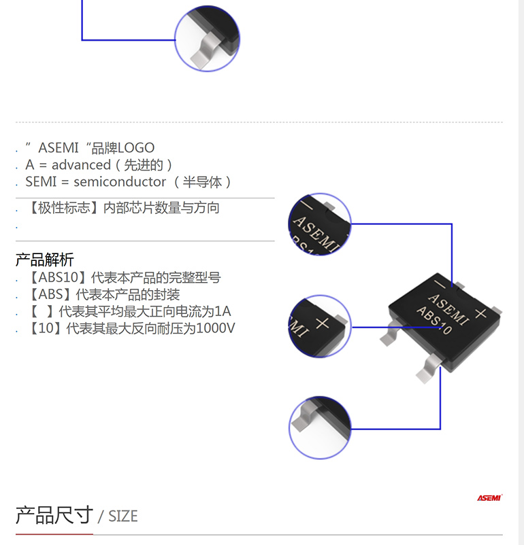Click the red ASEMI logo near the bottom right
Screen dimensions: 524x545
[x=489, y=497]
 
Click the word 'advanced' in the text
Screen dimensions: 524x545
[x=81, y=164]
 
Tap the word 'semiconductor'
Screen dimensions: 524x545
[x=120, y=182]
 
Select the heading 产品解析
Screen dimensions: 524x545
[x=44, y=260]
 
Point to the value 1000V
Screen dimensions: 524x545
[x=216, y=328]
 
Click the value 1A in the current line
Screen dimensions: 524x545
[x=223, y=311]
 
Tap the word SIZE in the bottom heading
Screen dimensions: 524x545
[x=123, y=516]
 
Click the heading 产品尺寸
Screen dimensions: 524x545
[x=54, y=515]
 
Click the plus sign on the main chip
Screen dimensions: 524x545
[x=481, y=313]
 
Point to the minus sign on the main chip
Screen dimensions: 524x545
[x=440, y=285]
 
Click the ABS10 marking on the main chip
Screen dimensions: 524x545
[x=434, y=321]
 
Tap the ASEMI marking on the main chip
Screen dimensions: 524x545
[x=448, y=309]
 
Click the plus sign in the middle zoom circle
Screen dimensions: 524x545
[x=322, y=323]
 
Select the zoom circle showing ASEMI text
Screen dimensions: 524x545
[x=320, y=224]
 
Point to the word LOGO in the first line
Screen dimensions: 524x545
[x=136, y=148]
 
